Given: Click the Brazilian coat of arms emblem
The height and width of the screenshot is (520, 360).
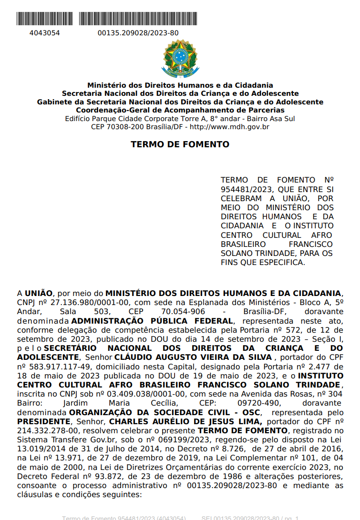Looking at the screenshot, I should tap(180, 59).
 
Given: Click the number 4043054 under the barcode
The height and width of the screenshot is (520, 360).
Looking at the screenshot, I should tap(45, 33).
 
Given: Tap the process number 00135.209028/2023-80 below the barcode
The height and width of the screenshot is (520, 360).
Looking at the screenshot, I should tap(138, 33).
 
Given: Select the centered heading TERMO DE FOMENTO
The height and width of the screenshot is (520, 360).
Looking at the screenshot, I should tap(180, 144).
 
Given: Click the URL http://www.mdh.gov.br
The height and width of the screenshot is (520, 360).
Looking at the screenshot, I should tap(230, 127).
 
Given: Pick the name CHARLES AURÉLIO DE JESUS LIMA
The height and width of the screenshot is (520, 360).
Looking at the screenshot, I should tap(186, 421).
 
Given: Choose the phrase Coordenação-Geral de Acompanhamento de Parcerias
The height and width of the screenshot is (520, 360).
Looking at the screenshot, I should tap(180, 110).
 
